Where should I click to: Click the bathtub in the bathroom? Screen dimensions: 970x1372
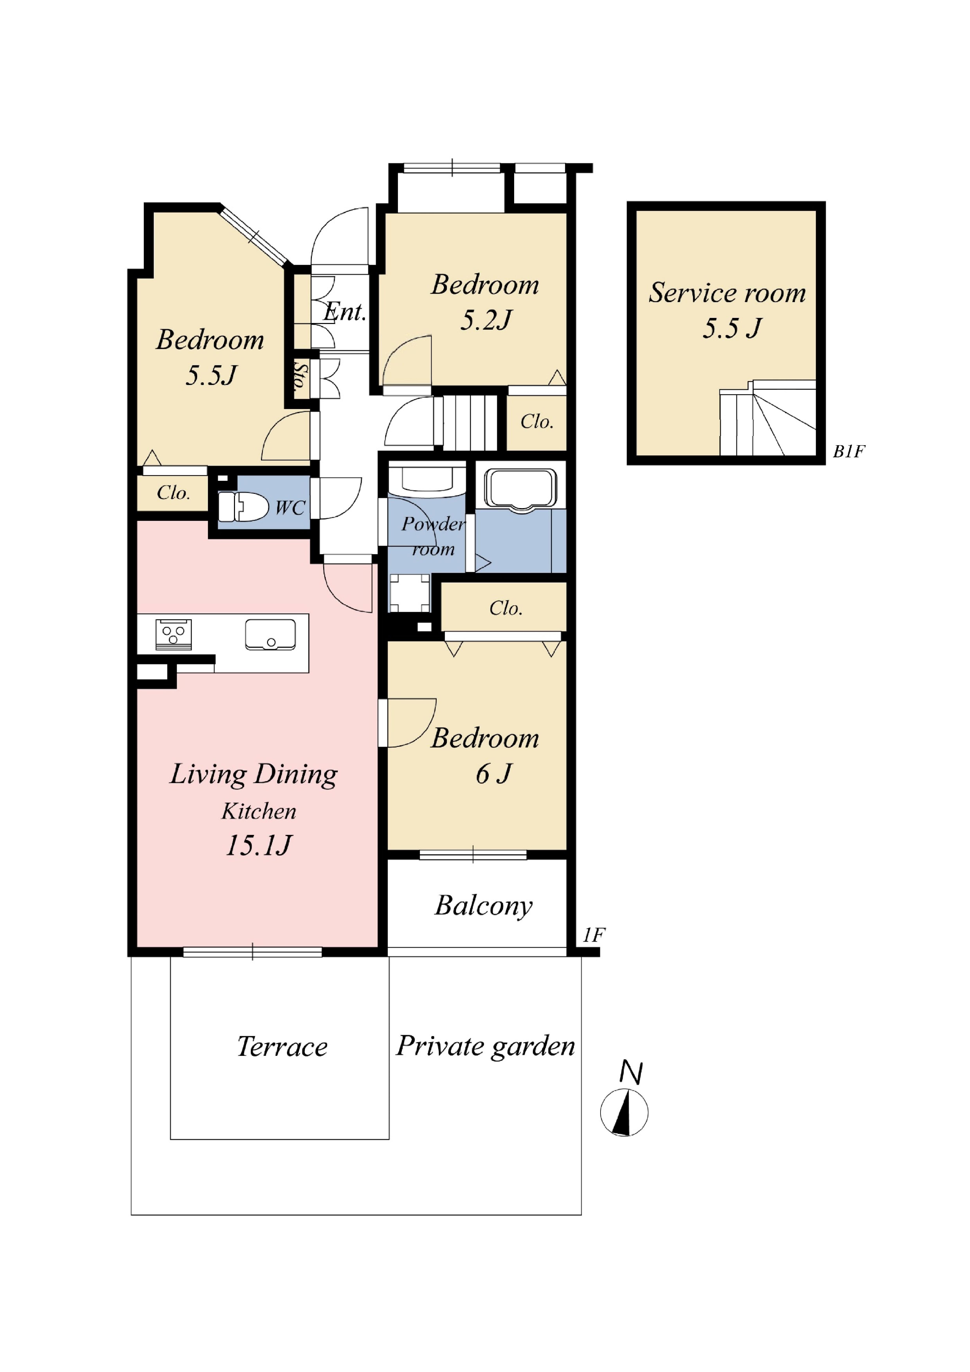pos(521,490)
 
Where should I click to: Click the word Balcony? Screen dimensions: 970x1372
pos(484,906)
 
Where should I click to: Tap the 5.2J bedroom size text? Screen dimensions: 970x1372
pos(486,320)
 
